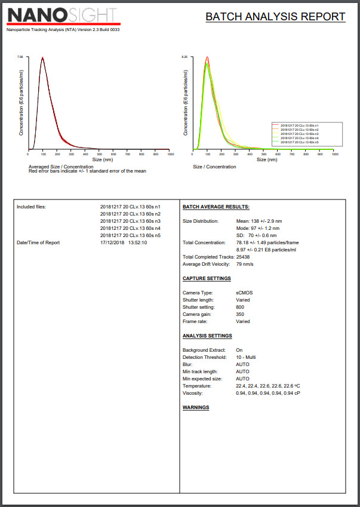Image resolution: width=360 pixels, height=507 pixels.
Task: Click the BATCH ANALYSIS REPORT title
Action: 275,17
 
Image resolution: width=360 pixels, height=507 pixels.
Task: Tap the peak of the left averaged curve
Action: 42,58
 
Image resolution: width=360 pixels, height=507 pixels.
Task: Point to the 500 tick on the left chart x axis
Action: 99,154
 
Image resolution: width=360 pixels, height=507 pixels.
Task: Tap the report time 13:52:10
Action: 136,242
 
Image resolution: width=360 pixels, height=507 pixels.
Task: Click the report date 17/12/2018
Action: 112,242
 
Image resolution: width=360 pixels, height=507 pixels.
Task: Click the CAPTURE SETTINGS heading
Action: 206,278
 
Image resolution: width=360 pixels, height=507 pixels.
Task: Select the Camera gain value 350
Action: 240,314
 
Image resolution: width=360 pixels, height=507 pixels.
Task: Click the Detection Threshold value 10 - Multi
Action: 246,357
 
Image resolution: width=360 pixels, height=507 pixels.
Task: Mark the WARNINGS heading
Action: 196,407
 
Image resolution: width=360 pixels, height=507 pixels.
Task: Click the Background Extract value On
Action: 239,350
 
